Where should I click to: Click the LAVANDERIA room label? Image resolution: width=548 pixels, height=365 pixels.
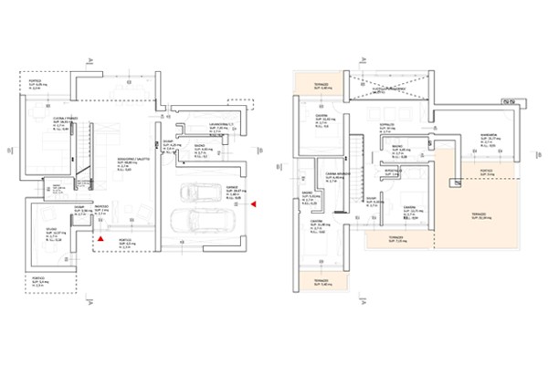click(x=219, y=123)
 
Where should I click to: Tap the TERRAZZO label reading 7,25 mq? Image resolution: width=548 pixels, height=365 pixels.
click(x=396, y=237)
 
